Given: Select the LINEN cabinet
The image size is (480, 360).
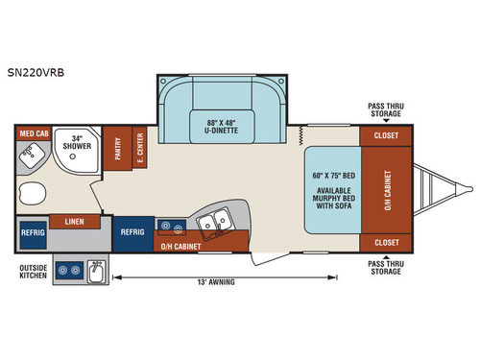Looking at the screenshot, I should [x=74, y=222].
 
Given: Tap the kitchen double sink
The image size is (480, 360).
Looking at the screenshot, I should [x=212, y=225].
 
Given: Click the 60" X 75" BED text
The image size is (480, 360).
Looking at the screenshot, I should [x=332, y=177].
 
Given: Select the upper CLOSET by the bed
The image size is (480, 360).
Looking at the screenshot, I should [x=385, y=136].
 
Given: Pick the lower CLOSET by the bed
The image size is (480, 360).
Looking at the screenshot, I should [x=385, y=243].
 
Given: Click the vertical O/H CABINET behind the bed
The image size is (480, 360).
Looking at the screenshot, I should [x=388, y=190].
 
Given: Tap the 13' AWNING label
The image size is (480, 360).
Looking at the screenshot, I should [x=214, y=281].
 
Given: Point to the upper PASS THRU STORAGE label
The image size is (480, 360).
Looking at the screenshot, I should [x=386, y=110].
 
